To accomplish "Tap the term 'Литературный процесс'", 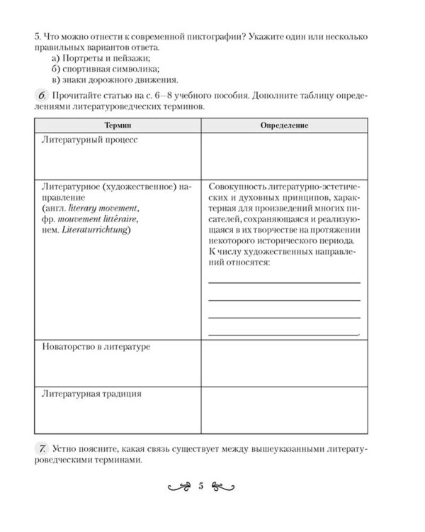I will click(x=89, y=140).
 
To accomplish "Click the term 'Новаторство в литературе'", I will click(x=97, y=347).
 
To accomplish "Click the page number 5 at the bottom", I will click(x=201, y=486).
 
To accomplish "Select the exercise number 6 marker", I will click(x=41, y=95).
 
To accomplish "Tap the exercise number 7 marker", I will click(x=41, y=448).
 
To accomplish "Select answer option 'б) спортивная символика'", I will click(x=106, y=68).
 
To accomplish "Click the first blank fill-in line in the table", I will click(x=285, y=282).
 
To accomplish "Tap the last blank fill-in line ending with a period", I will click(x=285, y=333).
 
